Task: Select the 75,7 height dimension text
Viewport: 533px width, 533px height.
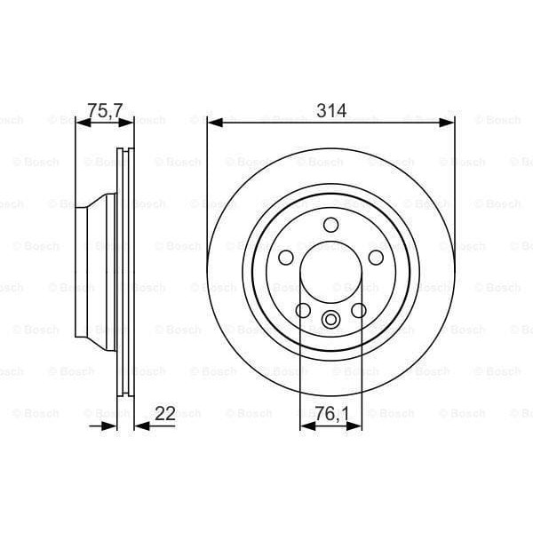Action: click(x=103, y=111)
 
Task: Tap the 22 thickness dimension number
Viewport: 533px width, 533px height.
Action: click(x=165, y=412)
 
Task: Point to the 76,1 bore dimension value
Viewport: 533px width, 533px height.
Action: click(x=330, y=412)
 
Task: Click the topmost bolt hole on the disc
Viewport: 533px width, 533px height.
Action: click(x=330, y=225)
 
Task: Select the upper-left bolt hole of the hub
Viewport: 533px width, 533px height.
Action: click(x=286, y=258)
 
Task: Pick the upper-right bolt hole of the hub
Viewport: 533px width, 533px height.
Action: click(x=375, y=258)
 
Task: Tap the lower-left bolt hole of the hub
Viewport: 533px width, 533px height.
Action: click(x=303, y=310)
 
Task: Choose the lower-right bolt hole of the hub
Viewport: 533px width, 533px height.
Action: click(x=359, y=310)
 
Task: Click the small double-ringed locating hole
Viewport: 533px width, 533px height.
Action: click(x=330, y=320)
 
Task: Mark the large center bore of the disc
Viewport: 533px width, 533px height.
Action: click(x=330, y=274)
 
